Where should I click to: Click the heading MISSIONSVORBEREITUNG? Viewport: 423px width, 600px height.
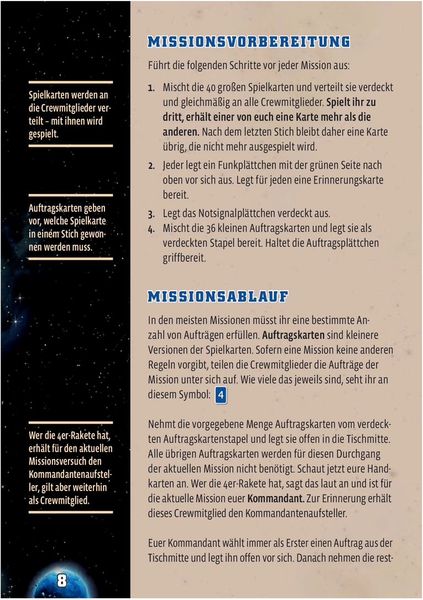249,42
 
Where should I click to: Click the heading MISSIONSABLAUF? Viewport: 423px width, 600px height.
218,297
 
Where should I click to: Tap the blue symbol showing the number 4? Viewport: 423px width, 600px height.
221,396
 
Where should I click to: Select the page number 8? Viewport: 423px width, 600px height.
61,580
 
